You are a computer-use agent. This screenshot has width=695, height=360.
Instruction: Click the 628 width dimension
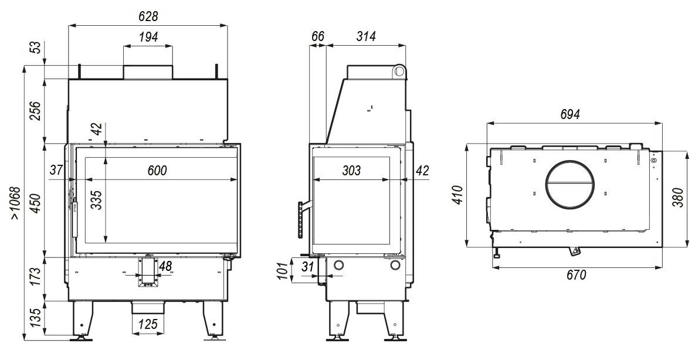tap(148, 16)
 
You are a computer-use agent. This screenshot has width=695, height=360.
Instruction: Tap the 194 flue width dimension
tap(148, 37)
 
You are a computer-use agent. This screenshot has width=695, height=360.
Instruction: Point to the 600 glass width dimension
tap(157, 170)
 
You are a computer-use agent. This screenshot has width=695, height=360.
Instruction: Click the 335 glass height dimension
tap(98, 200)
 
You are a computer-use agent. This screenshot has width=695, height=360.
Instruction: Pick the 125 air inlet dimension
tap(148, 324)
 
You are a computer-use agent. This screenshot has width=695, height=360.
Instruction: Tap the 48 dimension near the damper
tap(165, 266)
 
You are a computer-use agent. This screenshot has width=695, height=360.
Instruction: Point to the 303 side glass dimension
tap(351, 170)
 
